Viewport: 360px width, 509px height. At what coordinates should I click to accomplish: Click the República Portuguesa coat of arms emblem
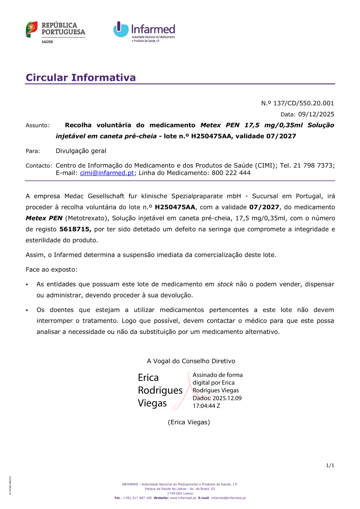point(32,29)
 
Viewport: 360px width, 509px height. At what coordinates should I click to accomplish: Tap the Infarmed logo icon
point(121,30)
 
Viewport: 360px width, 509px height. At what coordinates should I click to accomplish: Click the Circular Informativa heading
point(81,77)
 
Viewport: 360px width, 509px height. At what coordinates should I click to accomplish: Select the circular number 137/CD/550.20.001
point(303,103)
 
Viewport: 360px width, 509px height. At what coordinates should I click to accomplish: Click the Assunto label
point(37,125)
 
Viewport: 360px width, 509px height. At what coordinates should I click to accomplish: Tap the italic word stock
point(225,284)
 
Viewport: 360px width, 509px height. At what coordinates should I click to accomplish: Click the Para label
point(33,151)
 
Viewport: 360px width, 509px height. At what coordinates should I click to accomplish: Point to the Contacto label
point(39,166)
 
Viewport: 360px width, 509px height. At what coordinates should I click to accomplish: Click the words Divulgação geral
point(81,151)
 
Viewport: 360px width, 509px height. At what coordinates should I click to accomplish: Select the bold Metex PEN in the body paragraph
point(44,218)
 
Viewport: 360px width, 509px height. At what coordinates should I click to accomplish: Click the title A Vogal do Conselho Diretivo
point(191,361)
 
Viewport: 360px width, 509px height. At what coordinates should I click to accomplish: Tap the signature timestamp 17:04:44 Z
point(206,406)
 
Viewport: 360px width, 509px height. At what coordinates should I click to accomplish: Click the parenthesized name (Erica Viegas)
point(189,422)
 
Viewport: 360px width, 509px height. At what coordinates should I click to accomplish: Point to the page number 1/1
point(330,465)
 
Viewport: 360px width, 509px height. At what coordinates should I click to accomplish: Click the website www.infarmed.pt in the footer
point(183,498)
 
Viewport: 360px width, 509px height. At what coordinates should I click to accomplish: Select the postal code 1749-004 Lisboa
point(180,494)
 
